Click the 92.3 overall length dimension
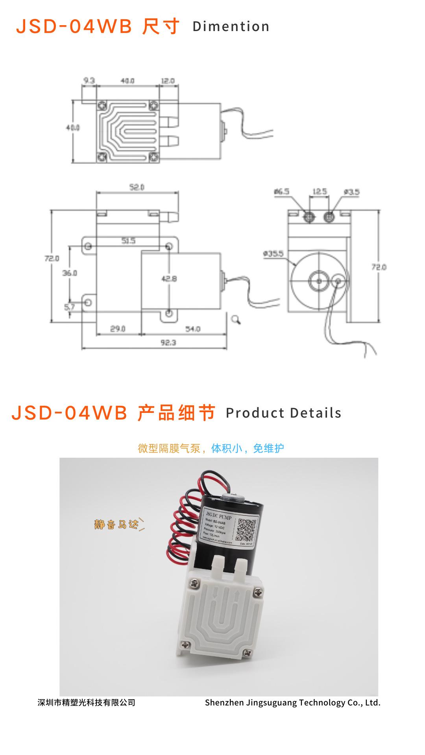coord(168,343)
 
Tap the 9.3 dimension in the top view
coord(89,81)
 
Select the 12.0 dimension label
coord(168,81)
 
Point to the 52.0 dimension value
coord(137,188)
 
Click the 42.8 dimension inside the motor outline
coord(169,279)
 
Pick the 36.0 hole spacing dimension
coord(70,273)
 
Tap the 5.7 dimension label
coord(69,307)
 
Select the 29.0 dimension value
coord(118,329)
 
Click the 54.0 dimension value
coord(193,329)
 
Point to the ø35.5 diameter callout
coord(273,254)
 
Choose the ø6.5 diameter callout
coord(282,192)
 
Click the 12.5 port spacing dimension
coord(320,192)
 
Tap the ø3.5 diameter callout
coord(351,192)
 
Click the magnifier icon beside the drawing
coord(236,319)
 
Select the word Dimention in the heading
coord(231,27)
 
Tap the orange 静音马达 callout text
coord(116,524)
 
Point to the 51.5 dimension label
coord(128,241)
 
